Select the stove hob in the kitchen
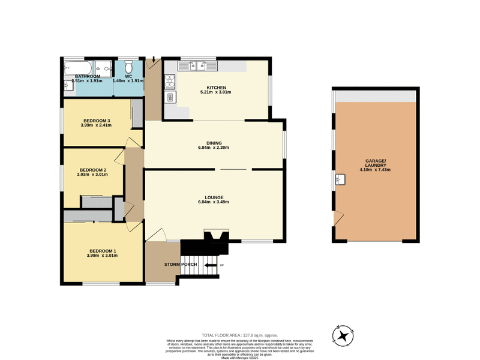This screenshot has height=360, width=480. pos(169,79)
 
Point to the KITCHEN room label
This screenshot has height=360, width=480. pos(217,88)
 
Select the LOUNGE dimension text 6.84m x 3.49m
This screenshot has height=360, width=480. pos(214,202)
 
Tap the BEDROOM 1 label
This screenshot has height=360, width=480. pos(103,251)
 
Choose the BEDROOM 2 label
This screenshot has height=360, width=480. pos(92,170)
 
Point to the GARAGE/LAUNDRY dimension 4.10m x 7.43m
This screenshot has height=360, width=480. pos(375,170)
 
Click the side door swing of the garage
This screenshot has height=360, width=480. pos(338,217)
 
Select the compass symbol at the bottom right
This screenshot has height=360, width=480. pos(344,335)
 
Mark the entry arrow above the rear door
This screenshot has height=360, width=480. pos(154,61)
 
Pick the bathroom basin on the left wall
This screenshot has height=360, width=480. pos(66,88)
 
